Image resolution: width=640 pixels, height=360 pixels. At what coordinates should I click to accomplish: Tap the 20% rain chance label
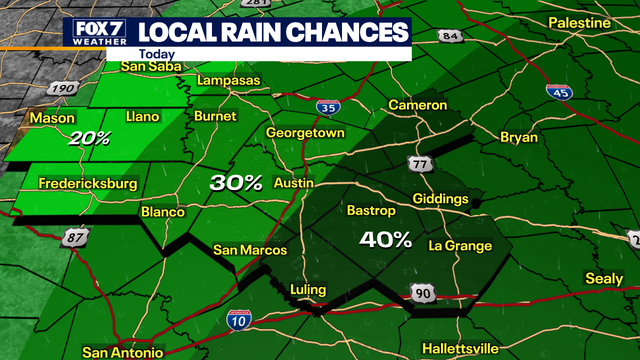[x=90, y=139]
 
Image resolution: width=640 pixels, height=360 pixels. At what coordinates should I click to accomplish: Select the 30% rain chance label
[x=236, y=182]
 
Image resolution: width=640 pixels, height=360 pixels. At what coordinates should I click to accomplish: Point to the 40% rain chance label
[x=386, y=239]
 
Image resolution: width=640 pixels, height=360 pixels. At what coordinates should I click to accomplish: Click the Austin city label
[x=293, y=184]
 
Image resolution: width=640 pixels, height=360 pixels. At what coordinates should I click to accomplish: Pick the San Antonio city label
[x=122, y=352]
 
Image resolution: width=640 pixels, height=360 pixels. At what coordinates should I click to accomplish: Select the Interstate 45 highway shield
[x=560, y=92]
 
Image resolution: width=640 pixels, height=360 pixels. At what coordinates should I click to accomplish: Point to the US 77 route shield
[x=419, y=164]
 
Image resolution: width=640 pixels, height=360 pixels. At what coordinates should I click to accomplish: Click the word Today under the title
[x=156, y=55]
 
